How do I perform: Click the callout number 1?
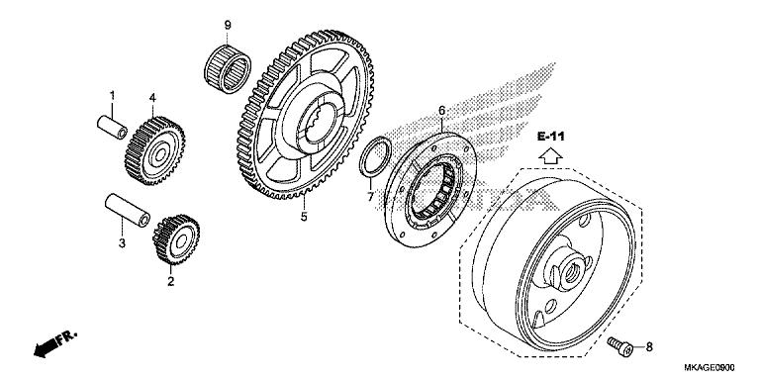click(x=112, y=96)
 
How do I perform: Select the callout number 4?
click(x=153, y=98)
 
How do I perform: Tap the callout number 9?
click(x=227, y=25)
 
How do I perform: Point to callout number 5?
click(x=305, y=216)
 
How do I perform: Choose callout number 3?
click(x=122, y=242)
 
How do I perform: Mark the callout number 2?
click(x=170, y=282)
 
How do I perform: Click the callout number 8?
click(x=649, y=346)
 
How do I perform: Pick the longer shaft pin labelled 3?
click(x=128, y=212)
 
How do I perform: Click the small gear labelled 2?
click(x=175, y=240)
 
